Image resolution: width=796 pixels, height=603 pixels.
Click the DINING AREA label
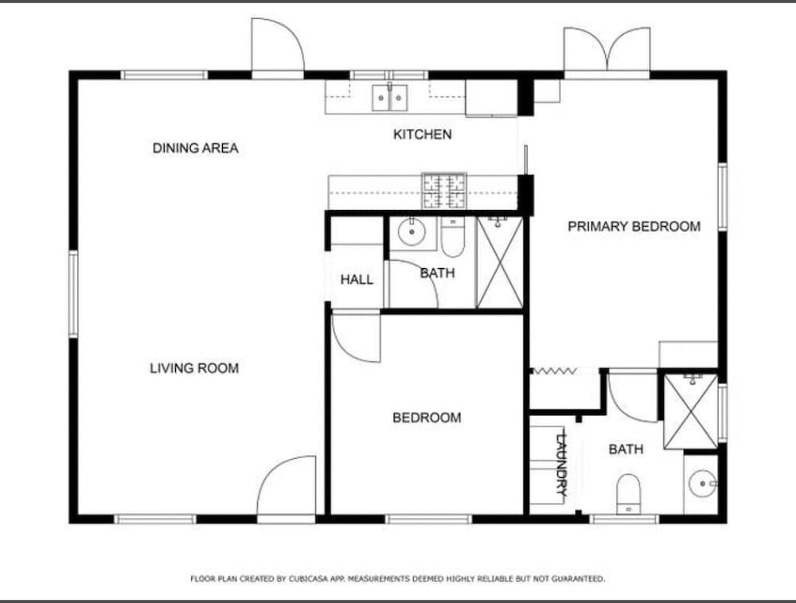pos(196,148)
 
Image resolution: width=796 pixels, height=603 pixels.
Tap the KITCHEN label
pos(423,134)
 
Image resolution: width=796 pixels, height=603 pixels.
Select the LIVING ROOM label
pos(194,368)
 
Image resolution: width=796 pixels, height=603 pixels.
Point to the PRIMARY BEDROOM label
pos(634,226)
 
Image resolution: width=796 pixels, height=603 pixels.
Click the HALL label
pos(357,279)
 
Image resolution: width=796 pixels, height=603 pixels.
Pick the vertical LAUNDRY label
pos(562,463)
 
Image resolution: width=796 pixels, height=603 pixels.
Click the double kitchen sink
pos(389,97)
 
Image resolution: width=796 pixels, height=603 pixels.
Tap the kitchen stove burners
pos(444,191)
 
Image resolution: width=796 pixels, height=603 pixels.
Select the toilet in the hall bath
pos(452,237)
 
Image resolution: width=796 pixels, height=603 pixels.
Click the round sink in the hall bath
pos(412,232)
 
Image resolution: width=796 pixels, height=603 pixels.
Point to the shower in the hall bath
pos(500,263)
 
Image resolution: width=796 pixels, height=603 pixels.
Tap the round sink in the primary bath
pos(703,484)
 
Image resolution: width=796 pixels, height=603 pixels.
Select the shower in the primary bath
pos(691,411)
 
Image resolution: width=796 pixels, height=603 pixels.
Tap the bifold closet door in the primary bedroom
pos(554,372)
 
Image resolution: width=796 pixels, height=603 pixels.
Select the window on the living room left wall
pos(73,294)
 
